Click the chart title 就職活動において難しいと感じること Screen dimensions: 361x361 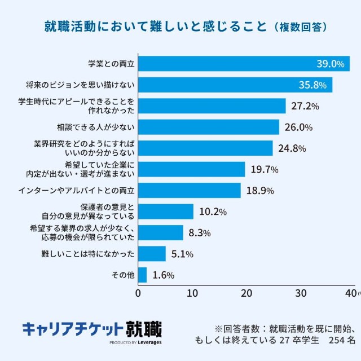155,27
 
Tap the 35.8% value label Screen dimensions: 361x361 314,85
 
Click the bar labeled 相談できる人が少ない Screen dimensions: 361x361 209,127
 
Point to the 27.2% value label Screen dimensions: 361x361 305,106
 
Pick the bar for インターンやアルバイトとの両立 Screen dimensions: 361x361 190,190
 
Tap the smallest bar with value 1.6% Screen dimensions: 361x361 142,275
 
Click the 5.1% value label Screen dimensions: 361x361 182,254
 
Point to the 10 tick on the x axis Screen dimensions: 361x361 192,293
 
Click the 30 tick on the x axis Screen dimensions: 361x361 301,293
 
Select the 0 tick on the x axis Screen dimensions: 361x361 138,293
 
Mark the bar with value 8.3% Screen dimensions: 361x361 161,232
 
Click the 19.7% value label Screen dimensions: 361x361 263,169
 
